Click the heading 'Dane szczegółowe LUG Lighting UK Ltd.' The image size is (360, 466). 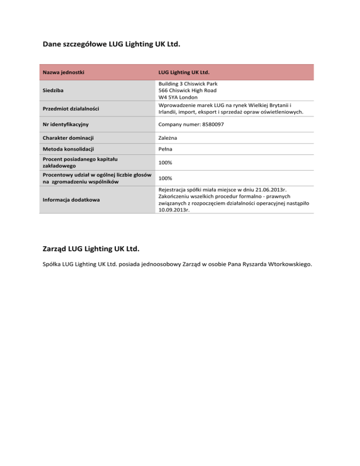point(112,45)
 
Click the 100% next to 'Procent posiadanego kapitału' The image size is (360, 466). point(165,162)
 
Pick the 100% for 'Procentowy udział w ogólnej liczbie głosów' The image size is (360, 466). point(165,179)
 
